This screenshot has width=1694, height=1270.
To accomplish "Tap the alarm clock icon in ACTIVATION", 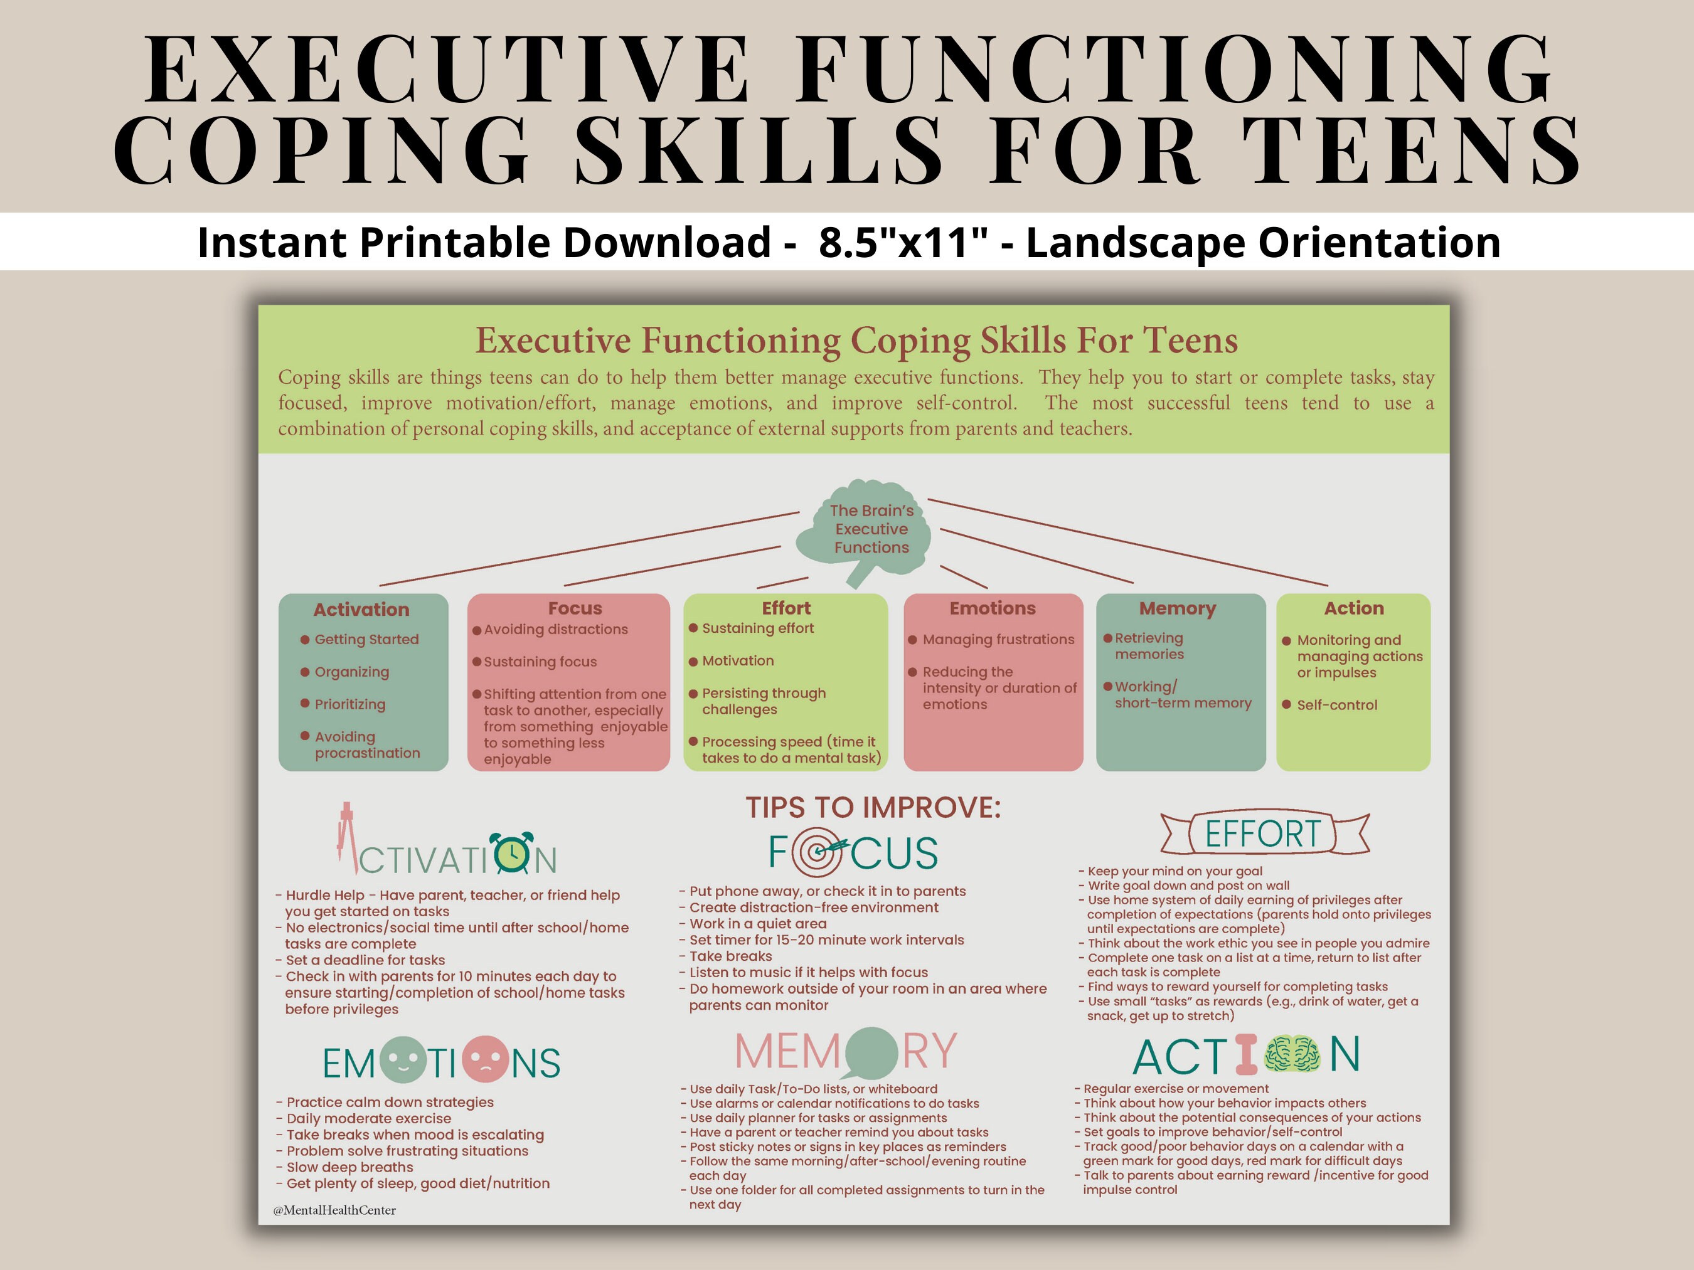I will click(x=511, y=854).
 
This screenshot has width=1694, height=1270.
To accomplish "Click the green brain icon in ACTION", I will click(x=1292, y=1055).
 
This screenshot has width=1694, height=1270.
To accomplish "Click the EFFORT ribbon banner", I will click(x=1264, y=833).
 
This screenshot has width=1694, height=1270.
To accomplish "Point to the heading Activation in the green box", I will click(x=361, y=610).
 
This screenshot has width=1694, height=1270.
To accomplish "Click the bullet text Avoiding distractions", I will click(x=555, y=629).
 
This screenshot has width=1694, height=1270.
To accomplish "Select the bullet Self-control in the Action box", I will click(x=1336, y=705).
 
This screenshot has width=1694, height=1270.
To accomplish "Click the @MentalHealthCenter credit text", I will click(x=334, y=1210).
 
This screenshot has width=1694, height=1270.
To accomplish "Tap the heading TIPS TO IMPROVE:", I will click(x=873, y=808).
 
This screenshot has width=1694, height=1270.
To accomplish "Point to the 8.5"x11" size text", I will click(x=903, y=243).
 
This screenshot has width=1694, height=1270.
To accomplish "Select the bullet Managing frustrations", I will click(x=998, y=639).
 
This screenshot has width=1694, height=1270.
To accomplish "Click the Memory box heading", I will click(x=1177, y=608).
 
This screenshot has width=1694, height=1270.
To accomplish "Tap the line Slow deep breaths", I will click(x=349, y=1167).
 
